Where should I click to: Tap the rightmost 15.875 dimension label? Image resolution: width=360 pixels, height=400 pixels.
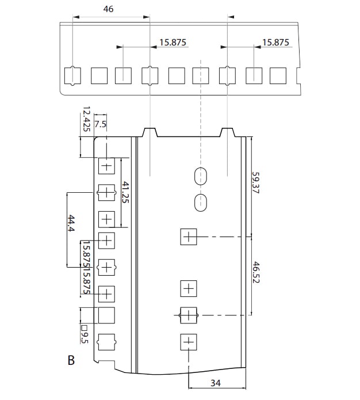click(275, 43)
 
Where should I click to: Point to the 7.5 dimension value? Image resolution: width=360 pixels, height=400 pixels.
click(100, 124)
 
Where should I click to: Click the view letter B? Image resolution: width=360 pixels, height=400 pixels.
click(71, 361)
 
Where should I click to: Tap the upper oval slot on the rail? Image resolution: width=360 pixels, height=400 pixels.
click(200, 176)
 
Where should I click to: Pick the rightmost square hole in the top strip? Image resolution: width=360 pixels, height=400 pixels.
click(278, 75)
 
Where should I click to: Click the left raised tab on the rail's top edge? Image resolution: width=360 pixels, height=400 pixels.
click(150, 132)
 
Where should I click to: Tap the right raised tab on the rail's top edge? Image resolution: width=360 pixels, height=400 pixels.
click(228, 132)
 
